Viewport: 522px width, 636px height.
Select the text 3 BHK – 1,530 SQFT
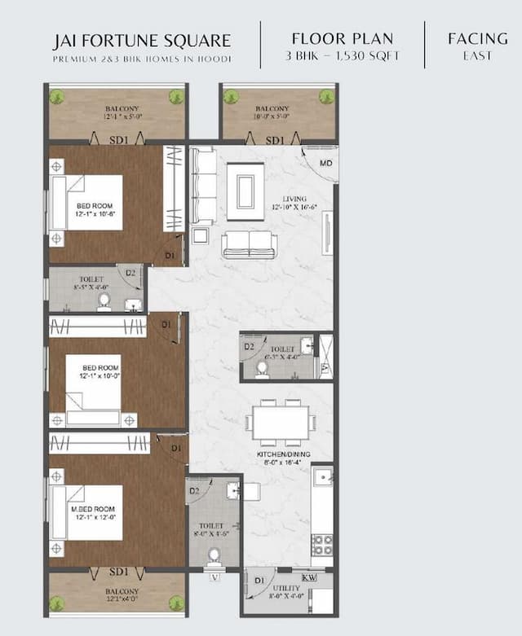[343, 56]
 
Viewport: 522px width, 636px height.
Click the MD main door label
[325, 164]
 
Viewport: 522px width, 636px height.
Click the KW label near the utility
[308, 577]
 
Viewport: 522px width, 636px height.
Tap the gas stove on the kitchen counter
[322, 544]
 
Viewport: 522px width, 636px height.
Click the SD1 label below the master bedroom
[119, 571]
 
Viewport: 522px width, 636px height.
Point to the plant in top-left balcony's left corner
[57, 97]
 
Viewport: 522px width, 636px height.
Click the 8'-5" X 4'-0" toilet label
[91, 287]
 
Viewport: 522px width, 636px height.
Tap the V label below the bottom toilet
[215, 578]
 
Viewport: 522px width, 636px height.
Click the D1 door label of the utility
[259, 581]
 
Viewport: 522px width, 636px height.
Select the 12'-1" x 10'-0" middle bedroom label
[100, 377]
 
